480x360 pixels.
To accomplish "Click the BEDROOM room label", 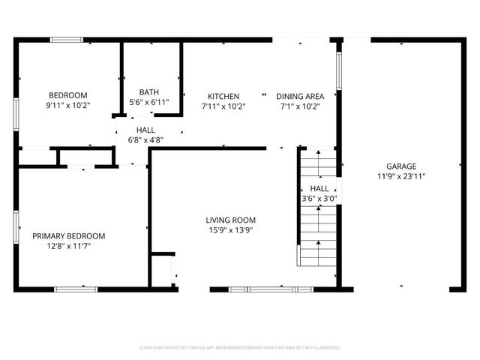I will coord(68,95).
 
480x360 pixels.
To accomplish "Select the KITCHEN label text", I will coord(223,96).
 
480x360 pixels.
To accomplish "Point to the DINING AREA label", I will coord(300,96).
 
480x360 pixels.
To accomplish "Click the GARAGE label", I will coord(401,166).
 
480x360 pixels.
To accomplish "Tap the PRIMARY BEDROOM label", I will coord(68,235).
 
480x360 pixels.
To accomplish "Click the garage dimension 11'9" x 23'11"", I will coord(401,176).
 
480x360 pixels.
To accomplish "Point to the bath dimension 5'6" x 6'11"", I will coord(149,102).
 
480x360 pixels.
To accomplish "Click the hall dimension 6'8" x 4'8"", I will coord(145,139).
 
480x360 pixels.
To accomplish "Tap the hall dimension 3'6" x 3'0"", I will coord(319,199).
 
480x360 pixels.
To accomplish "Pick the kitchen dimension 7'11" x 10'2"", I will coord(223,106).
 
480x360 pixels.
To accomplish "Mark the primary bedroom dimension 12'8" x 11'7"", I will coord(68,246).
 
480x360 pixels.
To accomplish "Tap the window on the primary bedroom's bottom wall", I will coord(76,289).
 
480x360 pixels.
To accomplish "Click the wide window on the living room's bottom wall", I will coord(271,289).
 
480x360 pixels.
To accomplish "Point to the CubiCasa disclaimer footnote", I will coord(240,348).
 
